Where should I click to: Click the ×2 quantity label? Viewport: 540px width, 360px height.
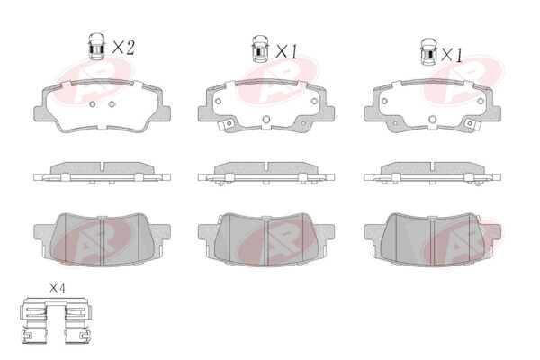[123, 48]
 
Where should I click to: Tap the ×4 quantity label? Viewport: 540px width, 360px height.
[58, 288]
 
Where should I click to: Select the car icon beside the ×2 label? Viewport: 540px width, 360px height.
[97, 47]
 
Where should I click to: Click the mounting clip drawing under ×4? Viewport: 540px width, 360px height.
[56, 320]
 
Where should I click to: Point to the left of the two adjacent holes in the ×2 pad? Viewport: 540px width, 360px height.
[93, 104]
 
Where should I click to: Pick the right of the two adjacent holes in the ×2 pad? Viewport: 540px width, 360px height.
[112, 104]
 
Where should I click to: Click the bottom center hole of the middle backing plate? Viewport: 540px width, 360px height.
[265, 119]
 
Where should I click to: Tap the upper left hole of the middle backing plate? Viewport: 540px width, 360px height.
[218, 102]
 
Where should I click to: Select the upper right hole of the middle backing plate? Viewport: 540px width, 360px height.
[314, 102]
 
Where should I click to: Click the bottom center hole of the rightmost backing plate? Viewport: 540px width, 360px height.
[433, 120]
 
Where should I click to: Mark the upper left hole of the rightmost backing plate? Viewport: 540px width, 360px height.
[384, 102]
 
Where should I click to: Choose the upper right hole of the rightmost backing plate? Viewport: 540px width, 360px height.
[481, 102]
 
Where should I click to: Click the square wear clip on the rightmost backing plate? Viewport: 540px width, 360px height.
[470, 123]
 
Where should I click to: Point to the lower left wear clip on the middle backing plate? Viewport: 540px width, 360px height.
[228, 123]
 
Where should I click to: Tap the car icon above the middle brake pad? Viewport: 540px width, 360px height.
[260, 49]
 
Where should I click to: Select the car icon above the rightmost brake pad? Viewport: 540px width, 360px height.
[428, 51]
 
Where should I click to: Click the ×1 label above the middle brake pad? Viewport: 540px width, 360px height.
[286, 51]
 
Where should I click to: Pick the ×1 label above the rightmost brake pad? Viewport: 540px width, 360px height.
[452, 55]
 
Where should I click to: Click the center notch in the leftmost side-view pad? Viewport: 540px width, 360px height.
[103, 166]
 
